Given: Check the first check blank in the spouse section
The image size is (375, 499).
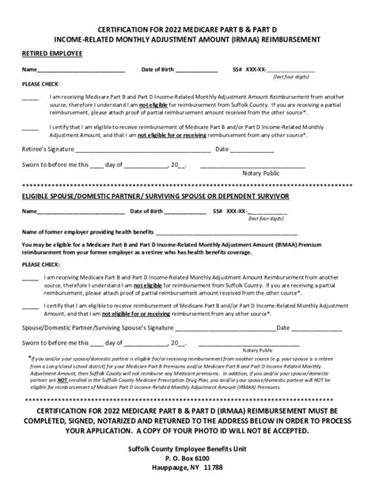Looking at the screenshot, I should (x=30, y=278).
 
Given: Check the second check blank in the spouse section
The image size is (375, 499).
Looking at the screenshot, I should (x=30, y=305).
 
